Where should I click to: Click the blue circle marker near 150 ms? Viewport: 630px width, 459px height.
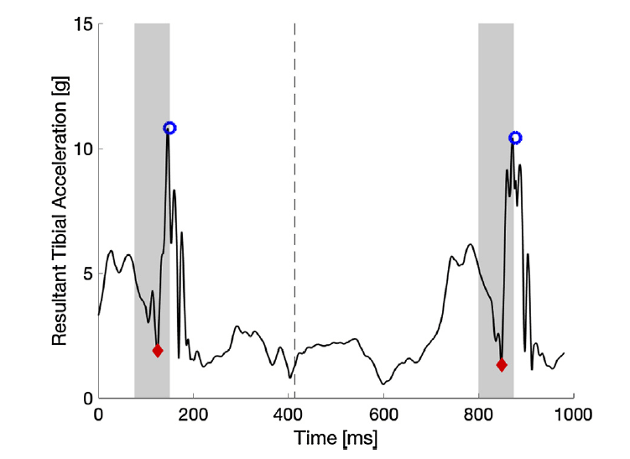click(x=170, y=128)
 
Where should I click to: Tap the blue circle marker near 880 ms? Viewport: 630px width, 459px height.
click(x=515, y=138)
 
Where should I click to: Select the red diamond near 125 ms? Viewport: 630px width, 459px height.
click(x=158, y=351)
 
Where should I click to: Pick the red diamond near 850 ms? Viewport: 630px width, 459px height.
click(x=502, y=364)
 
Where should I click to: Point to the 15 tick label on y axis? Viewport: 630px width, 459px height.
click(x=82, y=24)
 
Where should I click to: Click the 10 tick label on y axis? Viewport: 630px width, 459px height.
click(x=82, y=149)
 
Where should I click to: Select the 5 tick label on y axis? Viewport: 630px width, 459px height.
click(x=86, y=274)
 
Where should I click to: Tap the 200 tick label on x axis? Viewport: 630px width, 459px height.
click(x=194, y=413)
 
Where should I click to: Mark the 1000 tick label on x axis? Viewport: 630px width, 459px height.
click(x=573, y=413)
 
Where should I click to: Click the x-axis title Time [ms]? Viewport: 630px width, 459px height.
click(x=336, y=437)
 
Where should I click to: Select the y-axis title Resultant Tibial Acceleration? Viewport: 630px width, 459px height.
click(x=60, y=211)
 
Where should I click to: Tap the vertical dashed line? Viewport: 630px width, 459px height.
click(x=294, y=210)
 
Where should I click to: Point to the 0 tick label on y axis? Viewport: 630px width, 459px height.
click(x=86, y=399)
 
